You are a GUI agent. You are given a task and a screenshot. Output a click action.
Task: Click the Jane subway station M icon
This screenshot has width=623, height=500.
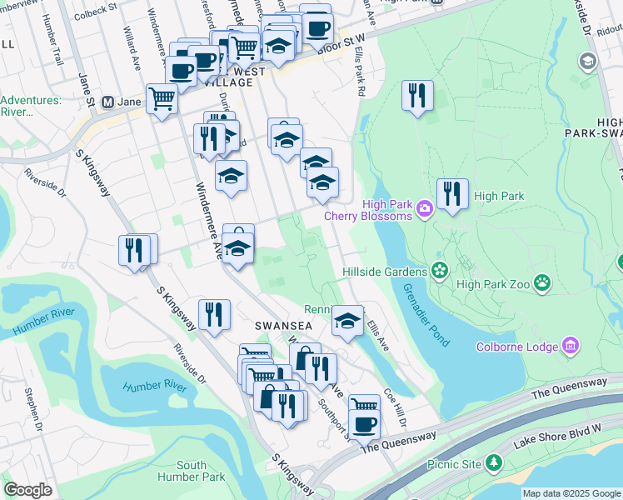coord(107,102)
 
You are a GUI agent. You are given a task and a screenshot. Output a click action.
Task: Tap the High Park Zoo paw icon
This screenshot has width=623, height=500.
coord(543,282)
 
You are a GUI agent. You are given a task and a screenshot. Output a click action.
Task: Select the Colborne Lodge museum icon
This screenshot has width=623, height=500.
coord(571,345)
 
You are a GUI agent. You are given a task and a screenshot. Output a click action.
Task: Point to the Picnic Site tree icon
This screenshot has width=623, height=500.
coord(495,461)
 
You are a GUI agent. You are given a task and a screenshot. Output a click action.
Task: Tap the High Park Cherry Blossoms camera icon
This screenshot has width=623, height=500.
coord(425,207)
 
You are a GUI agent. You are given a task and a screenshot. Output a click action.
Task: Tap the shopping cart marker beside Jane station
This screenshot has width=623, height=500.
coord(162,99)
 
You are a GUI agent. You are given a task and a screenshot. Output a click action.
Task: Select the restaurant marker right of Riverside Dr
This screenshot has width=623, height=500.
coord(137,249)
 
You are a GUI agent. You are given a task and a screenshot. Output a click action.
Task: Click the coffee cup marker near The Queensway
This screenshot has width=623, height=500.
coord(363,423)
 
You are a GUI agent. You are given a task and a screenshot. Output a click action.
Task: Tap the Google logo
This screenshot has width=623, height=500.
coord(28,490)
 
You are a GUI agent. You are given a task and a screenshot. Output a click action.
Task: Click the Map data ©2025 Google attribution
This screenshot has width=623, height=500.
coord(571,493)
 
